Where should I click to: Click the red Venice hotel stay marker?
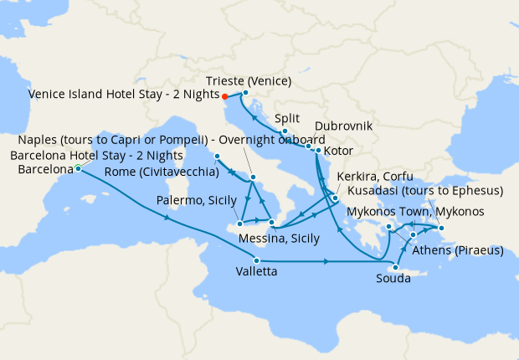tap(225, 96)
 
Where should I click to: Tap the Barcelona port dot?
tap(78, 168)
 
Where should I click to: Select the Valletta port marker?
tap(256, 261)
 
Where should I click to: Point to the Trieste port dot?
tap(245, 92)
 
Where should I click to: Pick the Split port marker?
tap(285, 131)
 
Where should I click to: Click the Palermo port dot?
tap(239, 224)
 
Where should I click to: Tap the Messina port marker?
tap(272, 223)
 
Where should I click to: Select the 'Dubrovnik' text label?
tap(350, 125)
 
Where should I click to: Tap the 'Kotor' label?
tap(337, 152)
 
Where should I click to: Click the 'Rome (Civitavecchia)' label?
tap(162, 172)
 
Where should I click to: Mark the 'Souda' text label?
tap(393, 279)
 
